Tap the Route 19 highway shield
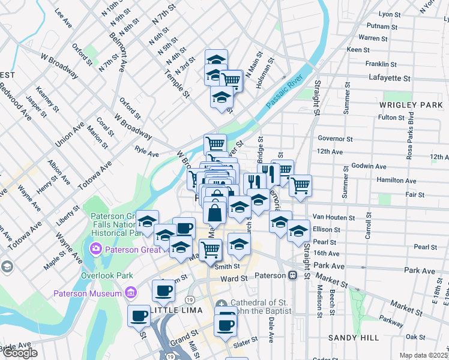tap(189, 298)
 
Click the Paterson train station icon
tap(293, 275)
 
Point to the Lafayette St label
tap(389, 78)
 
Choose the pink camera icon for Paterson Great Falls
tap(95, 248)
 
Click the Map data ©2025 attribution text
tap(423, 355)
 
